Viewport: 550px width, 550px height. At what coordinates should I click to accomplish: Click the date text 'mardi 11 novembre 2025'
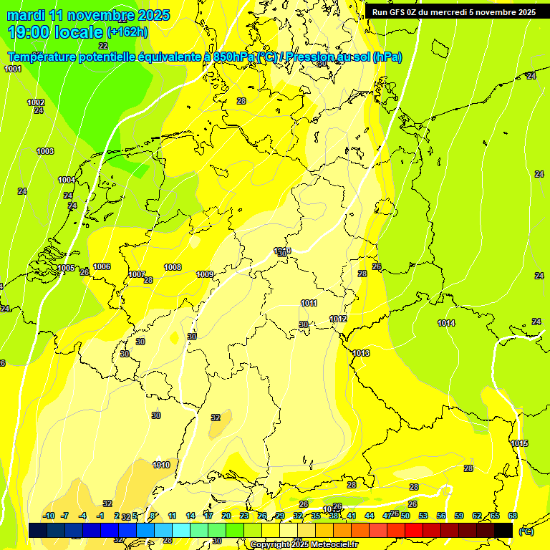(x=88, y=15)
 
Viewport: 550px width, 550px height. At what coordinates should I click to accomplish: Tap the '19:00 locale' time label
(x=55, y=32)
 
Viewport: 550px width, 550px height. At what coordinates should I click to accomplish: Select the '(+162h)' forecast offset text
(x=127, y=32)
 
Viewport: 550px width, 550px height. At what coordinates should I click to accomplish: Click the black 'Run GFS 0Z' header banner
(x=453, y=12)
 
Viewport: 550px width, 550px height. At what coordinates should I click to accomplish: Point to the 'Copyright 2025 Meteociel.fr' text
(x=304, y=545)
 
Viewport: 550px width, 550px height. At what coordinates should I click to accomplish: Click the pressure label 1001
(x=13, y=69)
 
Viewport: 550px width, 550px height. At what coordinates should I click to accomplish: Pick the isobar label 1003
(x=45, y=151)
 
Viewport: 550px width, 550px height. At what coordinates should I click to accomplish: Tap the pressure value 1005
(x=66, y=268)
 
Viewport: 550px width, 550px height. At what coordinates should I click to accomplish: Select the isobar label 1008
(x=173, y=267)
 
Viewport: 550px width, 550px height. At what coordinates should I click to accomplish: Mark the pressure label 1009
(x=205, y=274)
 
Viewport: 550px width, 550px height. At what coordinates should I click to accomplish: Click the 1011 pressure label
(x=309, y=303)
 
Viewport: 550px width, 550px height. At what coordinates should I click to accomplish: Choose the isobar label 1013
(x=361, y=353)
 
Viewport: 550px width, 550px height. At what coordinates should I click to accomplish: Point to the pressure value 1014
(x=446, y=323)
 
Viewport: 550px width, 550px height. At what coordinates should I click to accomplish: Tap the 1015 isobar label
(x=519, y=443)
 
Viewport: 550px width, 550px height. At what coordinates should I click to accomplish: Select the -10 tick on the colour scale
(x=49, y=516)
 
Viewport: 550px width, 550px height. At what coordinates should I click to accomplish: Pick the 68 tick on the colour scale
(x=512, y=516)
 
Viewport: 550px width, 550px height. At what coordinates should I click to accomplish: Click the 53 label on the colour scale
(x=423, y=516)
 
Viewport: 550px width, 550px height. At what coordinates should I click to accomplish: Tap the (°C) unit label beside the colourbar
(x=526, y=531)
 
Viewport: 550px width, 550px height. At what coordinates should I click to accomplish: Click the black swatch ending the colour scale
(x=503, y=530)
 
